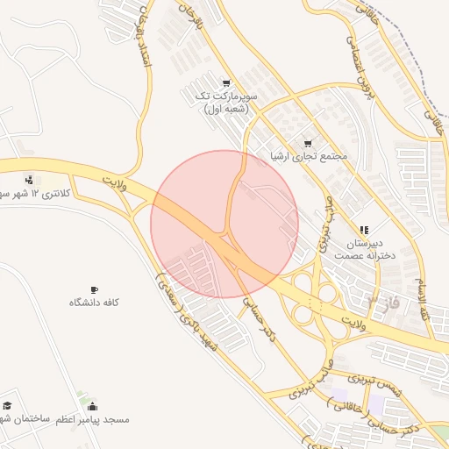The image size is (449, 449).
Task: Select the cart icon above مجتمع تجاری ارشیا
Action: (x=307, y=144)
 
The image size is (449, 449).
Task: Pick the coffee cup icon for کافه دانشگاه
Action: (x=94, y=289)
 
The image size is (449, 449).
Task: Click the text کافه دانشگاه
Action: (x=94, y=303)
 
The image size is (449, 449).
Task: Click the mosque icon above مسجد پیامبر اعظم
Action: (x=93, y=407)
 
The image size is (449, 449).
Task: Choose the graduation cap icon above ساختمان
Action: (x=8, y=406)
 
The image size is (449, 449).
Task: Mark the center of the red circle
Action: (x=224, y=224)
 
